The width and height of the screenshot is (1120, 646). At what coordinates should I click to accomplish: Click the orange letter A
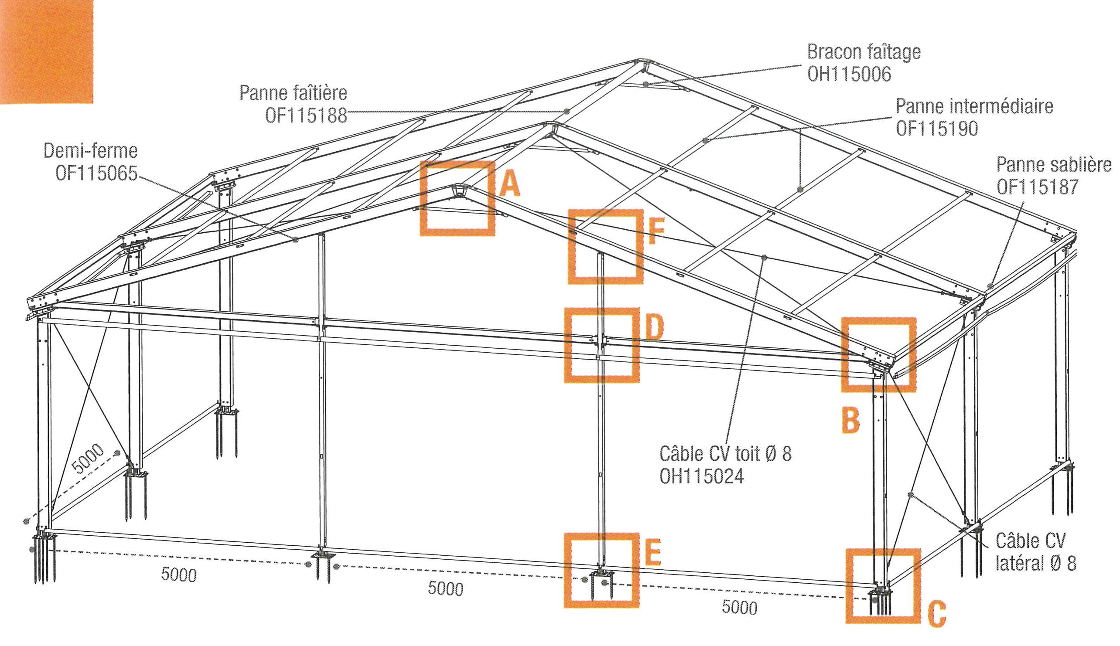(x=509, y=184)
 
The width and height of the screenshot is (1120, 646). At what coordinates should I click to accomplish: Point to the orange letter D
(x=654, y=328)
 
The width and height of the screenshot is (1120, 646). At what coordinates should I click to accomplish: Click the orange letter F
(x=656, y=232)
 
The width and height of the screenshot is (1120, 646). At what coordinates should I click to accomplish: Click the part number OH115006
(x=849, y=74)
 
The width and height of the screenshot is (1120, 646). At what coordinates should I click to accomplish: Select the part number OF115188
(x=306, y=116)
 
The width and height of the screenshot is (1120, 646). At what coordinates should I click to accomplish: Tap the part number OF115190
(x=937, y=129)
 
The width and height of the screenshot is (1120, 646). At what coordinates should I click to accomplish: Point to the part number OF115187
(x=1037, y=187)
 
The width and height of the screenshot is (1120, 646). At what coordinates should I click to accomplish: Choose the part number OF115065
(x=96, y=173)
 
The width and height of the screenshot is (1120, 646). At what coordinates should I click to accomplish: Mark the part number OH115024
(x=701, y=476)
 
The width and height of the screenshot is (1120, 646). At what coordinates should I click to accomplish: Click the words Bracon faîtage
(x=864, y=52)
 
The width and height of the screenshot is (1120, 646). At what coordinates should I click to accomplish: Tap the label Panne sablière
(x=1054, y=165)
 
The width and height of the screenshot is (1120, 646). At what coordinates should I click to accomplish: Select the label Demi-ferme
(x=91, y=151)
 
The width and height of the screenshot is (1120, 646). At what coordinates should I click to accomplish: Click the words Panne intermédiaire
(x=974, y=106)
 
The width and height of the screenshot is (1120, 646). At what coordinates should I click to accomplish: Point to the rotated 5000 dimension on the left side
(x=88, y=459)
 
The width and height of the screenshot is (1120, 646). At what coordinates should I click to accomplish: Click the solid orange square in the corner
(x=46, y=51)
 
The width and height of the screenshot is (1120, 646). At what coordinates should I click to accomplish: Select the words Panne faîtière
(x=293, y=93)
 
